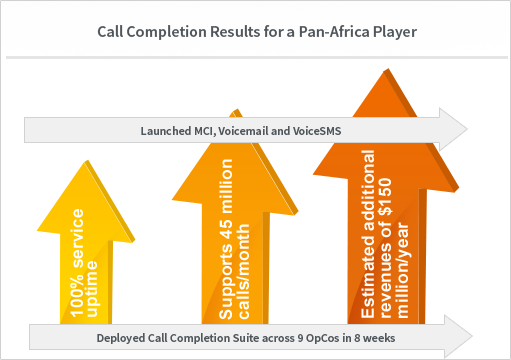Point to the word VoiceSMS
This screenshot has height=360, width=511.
[x=317, y=131]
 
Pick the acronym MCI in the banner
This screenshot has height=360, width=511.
[x=204, y=131]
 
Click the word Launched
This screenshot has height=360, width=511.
[x=166, y=131]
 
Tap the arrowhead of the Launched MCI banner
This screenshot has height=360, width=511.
[x=453, y=129]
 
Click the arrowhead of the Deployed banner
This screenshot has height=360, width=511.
[x=458, y=336]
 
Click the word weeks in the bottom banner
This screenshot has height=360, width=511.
[x=379, y=338]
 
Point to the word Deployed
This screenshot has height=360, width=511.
[x=121, y=338]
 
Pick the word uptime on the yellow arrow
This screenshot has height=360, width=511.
[x=91, y=289]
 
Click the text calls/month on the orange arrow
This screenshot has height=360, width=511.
[x=243, y=271]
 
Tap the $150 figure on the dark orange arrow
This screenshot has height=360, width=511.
[x=385, y=197]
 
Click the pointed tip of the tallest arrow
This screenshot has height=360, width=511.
[x=387, y=69]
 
